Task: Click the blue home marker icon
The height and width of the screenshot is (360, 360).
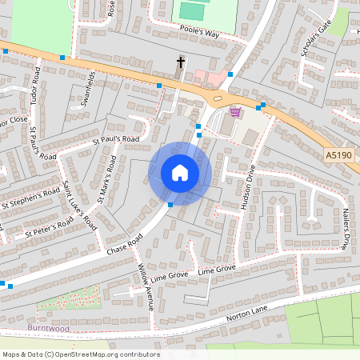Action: (180, 173)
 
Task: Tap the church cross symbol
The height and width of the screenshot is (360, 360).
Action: (181, 62)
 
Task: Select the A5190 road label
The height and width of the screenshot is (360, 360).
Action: (338, 154)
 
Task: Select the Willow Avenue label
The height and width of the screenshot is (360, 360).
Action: (146, 286)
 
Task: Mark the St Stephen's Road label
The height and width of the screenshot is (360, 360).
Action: (30, 198)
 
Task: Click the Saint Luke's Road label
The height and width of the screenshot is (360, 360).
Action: (80, 206)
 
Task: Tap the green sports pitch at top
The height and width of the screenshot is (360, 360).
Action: (191, 10)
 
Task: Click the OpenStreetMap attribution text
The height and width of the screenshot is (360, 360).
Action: (81, 354)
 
